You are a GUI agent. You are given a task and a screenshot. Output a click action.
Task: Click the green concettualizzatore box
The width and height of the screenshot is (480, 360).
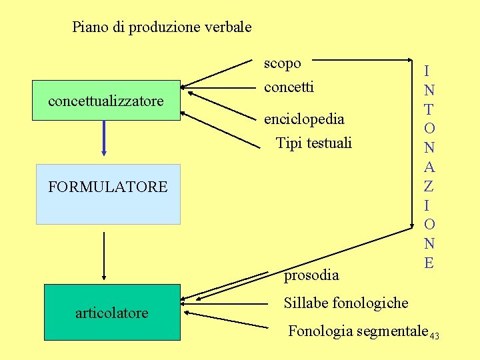pyautogui.click(x=107, y=101)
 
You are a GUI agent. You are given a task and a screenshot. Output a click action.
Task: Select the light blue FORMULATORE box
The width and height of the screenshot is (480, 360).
pyautogui.click(x=107, y=193)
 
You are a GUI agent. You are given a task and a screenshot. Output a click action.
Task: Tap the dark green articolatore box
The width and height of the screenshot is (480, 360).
pyautogui.click(x=112, y=313)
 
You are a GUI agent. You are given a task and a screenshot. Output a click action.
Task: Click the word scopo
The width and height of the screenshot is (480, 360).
pyautogui.click(x=283, y=64)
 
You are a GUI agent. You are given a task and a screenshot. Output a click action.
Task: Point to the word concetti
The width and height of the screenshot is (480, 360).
pyautogui.click(x=289, y=87)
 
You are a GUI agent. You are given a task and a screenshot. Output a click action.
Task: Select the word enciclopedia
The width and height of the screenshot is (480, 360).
pyautogui.click(x=304, y=119)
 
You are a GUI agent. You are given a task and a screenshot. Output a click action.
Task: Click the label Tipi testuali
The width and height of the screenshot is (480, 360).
pyautogui.click(x=313, y=143)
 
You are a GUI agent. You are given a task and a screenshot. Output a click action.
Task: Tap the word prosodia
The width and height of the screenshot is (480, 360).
pyautogui.click(x=311, y=275)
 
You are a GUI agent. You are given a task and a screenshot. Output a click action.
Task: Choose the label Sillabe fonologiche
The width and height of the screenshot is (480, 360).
pyautogui.click(x=346, y=303)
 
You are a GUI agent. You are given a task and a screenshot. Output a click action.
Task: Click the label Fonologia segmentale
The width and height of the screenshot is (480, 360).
pyautogui.click(x=357, y=331)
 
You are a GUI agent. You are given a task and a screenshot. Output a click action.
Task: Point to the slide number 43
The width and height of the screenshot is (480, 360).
pyautogui.click(x=434, y=335)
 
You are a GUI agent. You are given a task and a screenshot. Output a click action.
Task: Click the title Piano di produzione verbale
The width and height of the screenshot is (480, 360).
pyautogui.click(x=162, y=27)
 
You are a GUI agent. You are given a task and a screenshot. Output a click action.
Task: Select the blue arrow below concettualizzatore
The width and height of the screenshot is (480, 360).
pyautogui.click(x=103, y=141)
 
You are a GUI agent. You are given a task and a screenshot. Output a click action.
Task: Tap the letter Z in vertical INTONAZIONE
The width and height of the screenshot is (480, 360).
pyautogui.click(x=429, y=185)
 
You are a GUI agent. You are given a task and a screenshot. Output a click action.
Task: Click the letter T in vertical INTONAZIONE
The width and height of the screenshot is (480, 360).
pyautogui.click(x=429, y=109)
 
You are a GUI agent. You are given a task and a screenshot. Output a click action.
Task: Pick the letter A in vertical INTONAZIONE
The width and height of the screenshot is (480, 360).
pyautogui.click(x=429, y=167)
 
